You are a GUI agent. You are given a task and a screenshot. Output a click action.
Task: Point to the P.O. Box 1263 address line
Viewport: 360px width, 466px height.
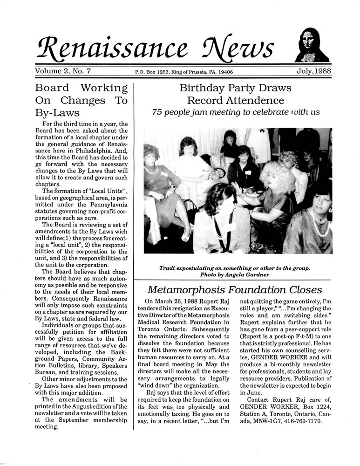pos(184,72)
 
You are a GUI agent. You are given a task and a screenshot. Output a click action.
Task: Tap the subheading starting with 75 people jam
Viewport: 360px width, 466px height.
pos(236,112)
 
